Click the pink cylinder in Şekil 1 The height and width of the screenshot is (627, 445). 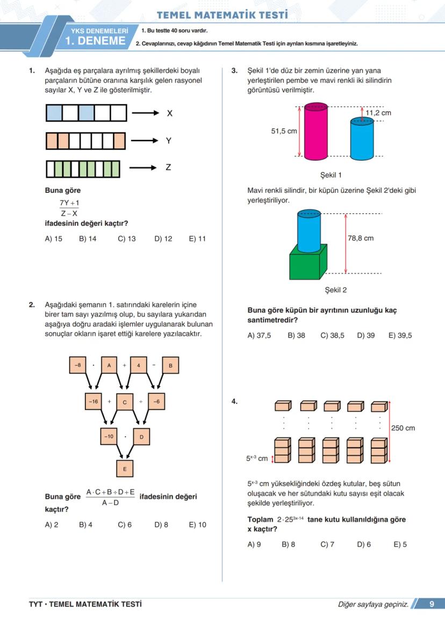pyautogui.click(x=316, y=132)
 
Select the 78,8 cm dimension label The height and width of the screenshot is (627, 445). pyautogui.click(x=361, y=238)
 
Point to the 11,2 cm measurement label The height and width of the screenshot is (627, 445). pyautogui.click(x=378, y=113)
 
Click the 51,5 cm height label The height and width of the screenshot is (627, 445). pyautogui.click(x=284, y=131)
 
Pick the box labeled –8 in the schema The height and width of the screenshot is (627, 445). pyautogui.click(x=78, y=365)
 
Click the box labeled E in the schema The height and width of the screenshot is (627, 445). pyautogui.click(x=125, y=469)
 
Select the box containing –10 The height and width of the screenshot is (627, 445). pyautogui.click(x=109, y=437)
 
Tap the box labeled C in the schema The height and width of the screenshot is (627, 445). pyautogui.click(x=125, y=401)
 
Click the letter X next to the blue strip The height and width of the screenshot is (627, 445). pyautogui.click(x=169, y=113)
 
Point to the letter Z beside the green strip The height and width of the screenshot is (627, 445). pyautogui.click(x=168, y=168)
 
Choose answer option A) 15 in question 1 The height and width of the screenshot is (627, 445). pyautogui.click(x=54, y=239)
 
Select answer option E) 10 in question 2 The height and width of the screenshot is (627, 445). pyautogui.click(x=197, y=525)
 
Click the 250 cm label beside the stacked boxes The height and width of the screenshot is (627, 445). pyautogui.click(x=403, y=428)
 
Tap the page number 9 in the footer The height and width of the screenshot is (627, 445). pyautogui.click(x=432, y=604)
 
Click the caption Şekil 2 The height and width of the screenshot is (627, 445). pyautogui.click(x=336, y=290)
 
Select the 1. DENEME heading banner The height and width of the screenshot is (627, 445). pyautogui.click(x=95, y=41)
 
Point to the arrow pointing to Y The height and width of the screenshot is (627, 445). pyautogui.click(x=145, y=141)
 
